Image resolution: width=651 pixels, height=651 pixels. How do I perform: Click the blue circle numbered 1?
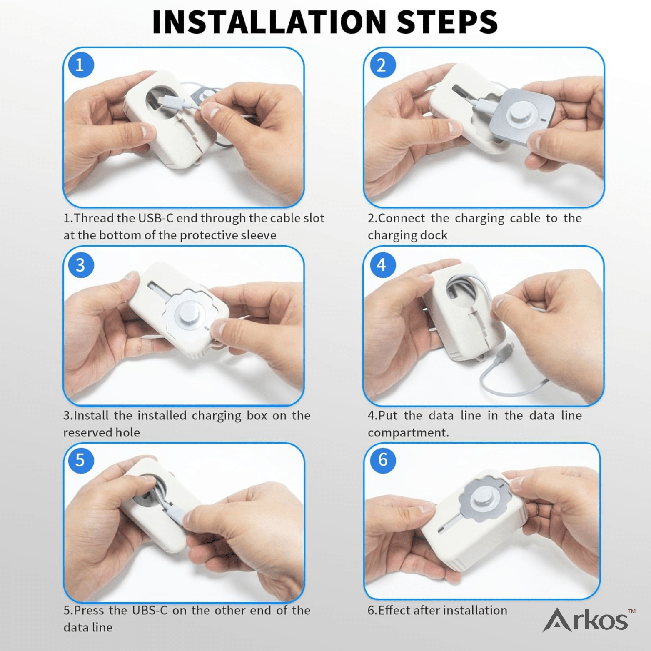[80, 65]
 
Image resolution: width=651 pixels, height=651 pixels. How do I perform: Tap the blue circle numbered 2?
[381, 65]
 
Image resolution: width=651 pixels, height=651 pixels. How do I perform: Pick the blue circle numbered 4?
[381, 265]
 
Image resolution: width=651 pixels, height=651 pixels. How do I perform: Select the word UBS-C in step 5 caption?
[150, 610]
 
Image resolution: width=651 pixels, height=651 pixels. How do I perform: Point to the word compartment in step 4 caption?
[408, 433]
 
